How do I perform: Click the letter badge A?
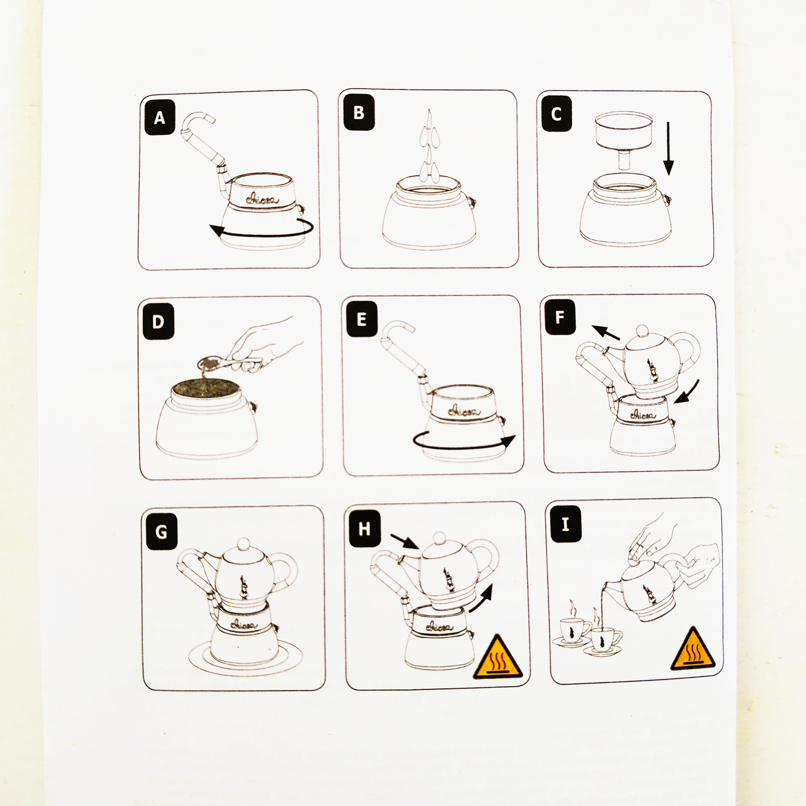coord(159,118)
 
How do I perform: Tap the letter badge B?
coord(359,113)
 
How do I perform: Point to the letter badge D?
coord(158,322)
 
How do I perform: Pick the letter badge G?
coord(161,531)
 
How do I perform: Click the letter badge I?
coord(566,524)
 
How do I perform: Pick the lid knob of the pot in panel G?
coord(244,545)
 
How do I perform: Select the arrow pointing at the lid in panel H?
coord(405,541)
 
